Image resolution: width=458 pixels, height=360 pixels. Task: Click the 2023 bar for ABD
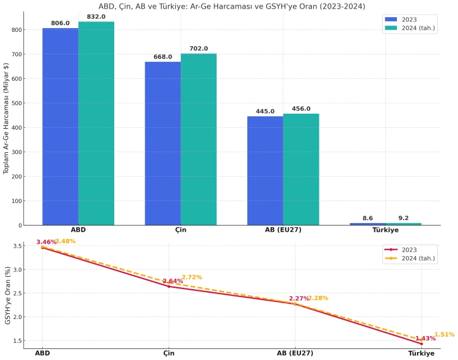60,127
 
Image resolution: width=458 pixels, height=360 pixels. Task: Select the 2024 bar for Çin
198,139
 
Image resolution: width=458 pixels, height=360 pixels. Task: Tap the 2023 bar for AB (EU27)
265,171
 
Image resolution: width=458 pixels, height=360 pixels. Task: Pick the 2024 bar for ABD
96,123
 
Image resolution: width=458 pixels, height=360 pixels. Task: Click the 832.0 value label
96,17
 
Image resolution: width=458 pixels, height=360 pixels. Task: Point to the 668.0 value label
162,57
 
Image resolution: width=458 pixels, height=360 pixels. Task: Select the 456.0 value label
301,109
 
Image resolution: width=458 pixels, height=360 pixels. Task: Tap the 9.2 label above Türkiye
404,218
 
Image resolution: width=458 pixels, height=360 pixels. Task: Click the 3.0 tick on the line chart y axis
18,270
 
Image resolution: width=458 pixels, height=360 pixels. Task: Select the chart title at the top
231,7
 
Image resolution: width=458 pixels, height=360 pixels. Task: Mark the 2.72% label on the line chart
191,277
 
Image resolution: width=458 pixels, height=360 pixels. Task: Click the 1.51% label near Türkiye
444,334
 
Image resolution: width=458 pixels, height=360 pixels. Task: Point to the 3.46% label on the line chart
46,242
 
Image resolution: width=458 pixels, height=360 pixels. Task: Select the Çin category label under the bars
181,230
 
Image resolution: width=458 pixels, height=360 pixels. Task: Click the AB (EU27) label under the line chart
295,353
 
